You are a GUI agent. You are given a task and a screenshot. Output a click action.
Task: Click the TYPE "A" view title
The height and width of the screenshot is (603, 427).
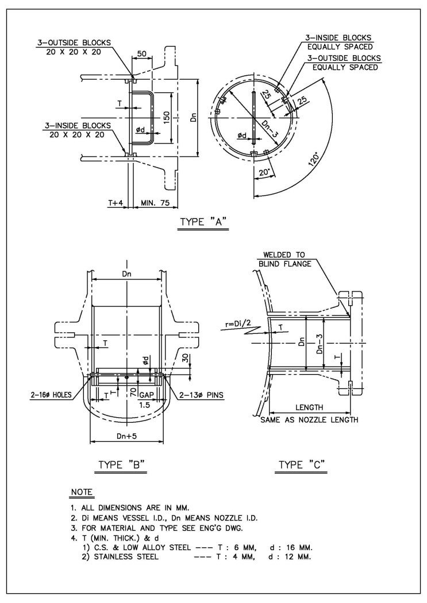point(203,222)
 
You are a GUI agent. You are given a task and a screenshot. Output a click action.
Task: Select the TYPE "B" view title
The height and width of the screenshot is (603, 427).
point(121,465)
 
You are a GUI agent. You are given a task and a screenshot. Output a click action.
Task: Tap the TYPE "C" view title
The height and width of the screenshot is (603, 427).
point(302,465)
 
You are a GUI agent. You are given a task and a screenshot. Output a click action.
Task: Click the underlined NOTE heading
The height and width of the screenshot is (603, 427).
point(82,492)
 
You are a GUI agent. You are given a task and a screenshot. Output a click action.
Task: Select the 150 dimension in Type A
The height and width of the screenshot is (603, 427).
point(166,118)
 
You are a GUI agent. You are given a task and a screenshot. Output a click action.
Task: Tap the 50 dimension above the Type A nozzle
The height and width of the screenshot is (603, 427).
point(142,53)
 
